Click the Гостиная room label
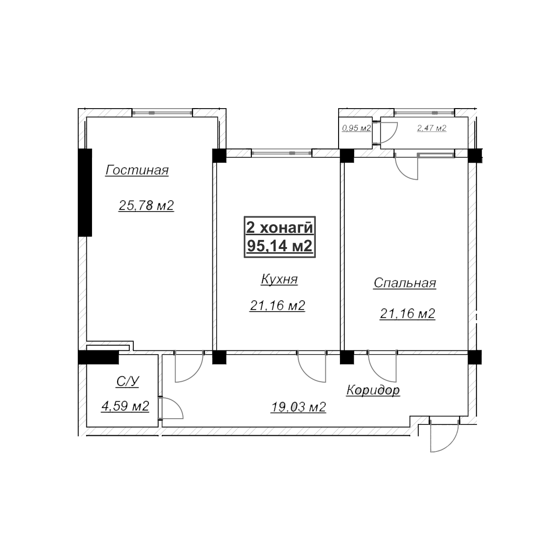(x=137, y=170)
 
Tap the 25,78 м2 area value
(x=146, y=205)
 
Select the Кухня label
(x=279, y=279)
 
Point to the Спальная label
(x=404, y=283)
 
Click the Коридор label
(x=373, y=390)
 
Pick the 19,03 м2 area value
(x=298, y=407)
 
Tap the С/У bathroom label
(x=128, y=382)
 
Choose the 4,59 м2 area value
(x=125, y=406)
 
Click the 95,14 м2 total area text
(x=280, y=246)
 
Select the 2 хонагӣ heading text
(x=280, y=228)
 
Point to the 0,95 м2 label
(x=357, y=128)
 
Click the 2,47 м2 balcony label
(x=432, y=128)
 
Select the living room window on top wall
(x=162, y=112)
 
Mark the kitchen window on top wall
(x=282, y=153)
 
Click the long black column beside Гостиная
(x=85, y=193)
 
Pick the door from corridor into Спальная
(x=382, y=367)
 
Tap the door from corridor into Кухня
(x=312, y=367)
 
